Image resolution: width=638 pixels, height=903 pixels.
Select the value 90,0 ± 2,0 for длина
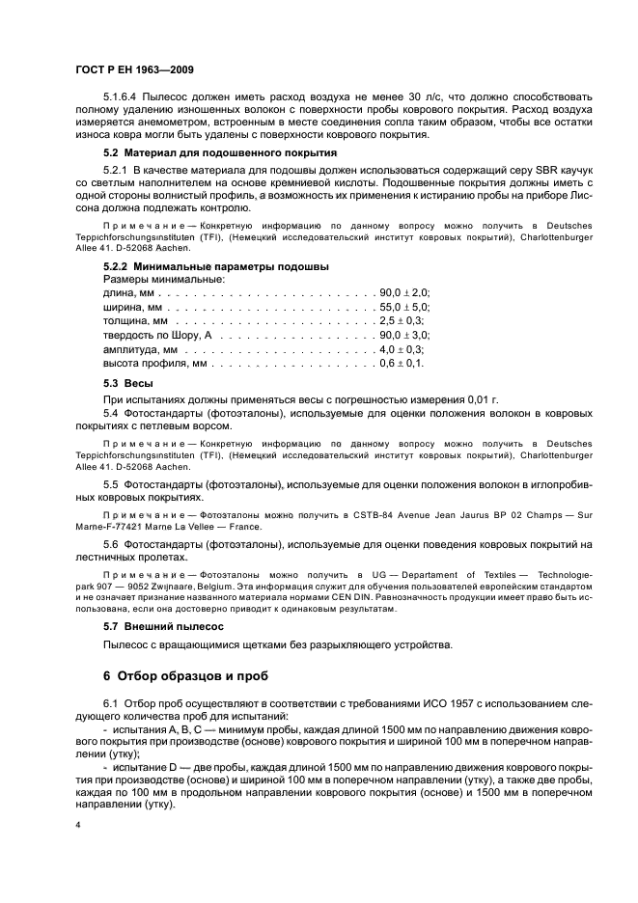pyautogui.click(x=405, y=292)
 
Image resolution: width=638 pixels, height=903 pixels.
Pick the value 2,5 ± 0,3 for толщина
pyautogui.click(x=402, y=320)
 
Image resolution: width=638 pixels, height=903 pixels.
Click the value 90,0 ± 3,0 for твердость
pyautogui.click(x=405, y=335)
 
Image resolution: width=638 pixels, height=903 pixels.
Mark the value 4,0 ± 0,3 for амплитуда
pyautogui.click(x=402, y=349)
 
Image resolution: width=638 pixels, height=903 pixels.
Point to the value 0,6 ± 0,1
pyautogui.click(x=402, y=364)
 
